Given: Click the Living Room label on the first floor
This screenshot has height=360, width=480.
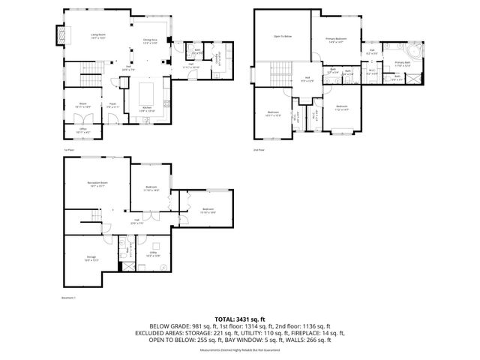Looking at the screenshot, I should click(97, 35).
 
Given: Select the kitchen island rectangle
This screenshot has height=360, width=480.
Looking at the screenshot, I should click(147, 94).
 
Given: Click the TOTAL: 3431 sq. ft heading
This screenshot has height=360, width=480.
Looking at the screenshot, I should click(240, 319).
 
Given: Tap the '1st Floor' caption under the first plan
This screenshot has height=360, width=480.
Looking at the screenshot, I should click(68, 149).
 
